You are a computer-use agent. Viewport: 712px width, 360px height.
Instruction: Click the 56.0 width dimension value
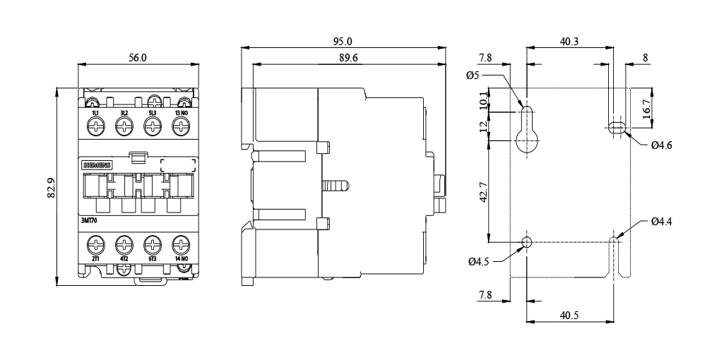click(138, 58)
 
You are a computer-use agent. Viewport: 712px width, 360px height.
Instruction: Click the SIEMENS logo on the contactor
click(97, 165)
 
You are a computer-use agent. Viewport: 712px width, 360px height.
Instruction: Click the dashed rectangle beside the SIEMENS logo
click(178, 166)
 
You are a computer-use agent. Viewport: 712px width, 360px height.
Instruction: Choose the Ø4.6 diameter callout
click(661, 145)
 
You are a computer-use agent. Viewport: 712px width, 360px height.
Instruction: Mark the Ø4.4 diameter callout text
click(661, 222)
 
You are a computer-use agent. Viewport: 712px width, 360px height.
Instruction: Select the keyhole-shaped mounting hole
click(527, 131)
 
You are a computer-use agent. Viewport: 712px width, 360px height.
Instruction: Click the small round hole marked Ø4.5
click(526, 241)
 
